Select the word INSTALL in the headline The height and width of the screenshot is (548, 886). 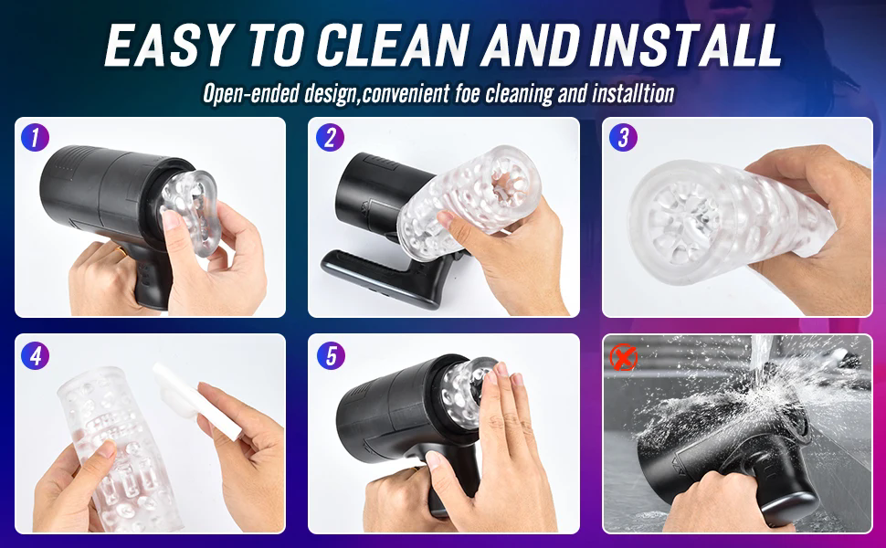685,45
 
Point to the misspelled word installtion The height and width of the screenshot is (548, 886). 633,93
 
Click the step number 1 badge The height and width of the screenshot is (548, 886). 35,137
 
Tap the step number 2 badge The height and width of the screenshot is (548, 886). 330,137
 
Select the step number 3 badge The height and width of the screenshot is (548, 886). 623,137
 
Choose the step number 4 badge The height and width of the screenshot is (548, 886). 35,356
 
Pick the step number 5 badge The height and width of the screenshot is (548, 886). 331,356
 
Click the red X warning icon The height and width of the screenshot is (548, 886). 623,358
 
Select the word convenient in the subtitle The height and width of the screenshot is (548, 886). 406,94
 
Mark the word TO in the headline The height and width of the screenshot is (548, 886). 276,45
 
